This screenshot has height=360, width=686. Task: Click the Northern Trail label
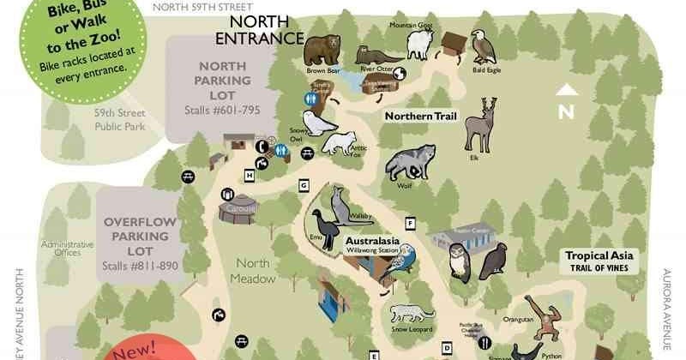tap(421, 116)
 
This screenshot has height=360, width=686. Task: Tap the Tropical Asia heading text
tap(599, 255)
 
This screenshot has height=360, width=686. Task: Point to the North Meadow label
tap(255, 272)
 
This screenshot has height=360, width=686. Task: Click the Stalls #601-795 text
tap(221, 111)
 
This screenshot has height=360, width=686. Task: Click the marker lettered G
tap(304, 186)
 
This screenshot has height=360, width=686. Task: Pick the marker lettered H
tap(250, 176)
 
